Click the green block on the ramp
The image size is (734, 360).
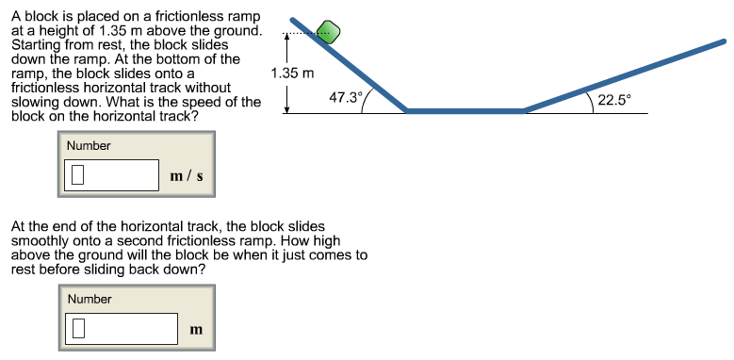(x=327, y=31)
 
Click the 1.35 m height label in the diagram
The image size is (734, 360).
(x=291, y=73)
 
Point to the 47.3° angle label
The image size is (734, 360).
(x=344, y=96)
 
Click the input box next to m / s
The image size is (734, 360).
(x=112, y=174)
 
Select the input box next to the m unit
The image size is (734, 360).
(x=122, y=328)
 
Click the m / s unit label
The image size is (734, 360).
(x=187, y=175)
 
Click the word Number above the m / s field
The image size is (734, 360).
(x=89, y=146)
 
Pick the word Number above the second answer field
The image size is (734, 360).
(x=90, y=299)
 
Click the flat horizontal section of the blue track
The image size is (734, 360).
(x=465, y=111)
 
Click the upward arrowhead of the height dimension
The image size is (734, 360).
(x=286, y=40)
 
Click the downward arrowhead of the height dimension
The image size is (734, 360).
(x=286, y=107)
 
